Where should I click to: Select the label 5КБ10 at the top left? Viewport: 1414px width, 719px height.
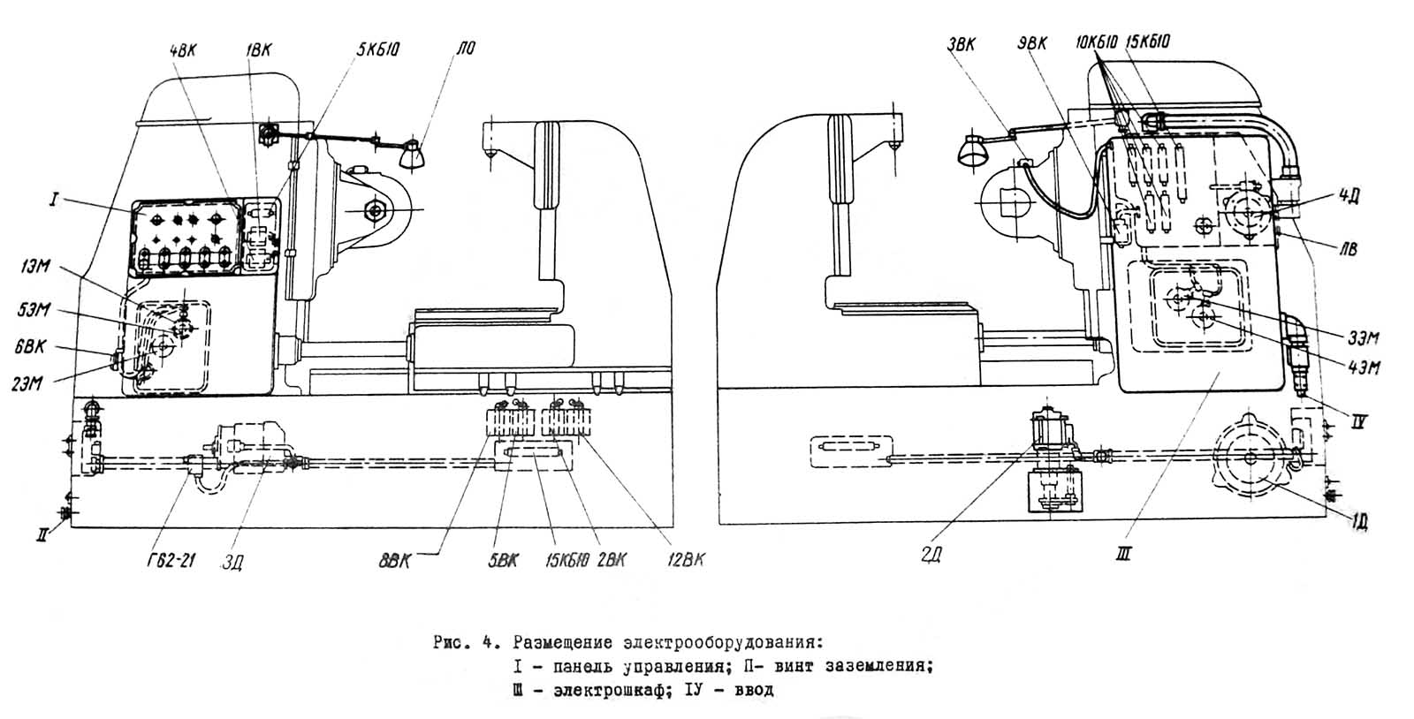[378, 50]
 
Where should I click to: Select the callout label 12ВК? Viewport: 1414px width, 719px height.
[686, 560]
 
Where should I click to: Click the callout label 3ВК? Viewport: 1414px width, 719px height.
[961, 44]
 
